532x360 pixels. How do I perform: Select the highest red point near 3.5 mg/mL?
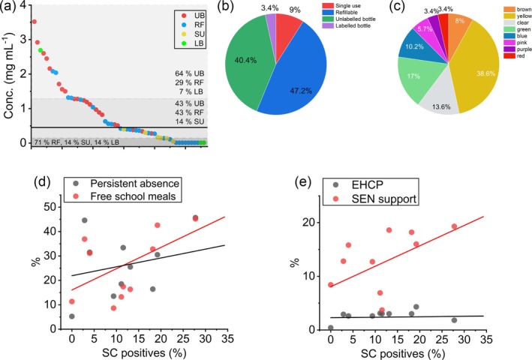pos(34,22)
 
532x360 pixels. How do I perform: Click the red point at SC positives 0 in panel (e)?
pos(331,284)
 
